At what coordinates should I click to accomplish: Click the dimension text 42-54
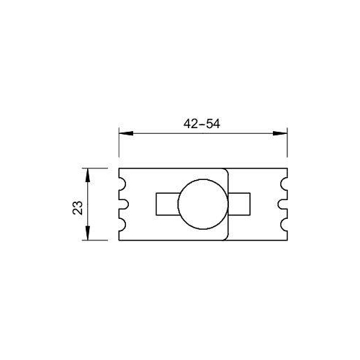pyautogui.click(x=202, y=123)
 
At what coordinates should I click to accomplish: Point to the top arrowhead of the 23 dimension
pyautogui.click(x=88, y=173)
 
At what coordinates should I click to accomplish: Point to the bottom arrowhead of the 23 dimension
pyautogui.click(x=88, y=238)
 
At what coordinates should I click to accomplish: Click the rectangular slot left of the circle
pyautogui.click(x=166, y=204)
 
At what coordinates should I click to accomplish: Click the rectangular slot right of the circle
pyautogui.click(x=241, y=204)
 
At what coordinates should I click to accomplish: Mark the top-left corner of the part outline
pyautogui.click(x=119, y=168)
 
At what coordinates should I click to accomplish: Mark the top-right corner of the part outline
pyautogui.click(x=287, y=168)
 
